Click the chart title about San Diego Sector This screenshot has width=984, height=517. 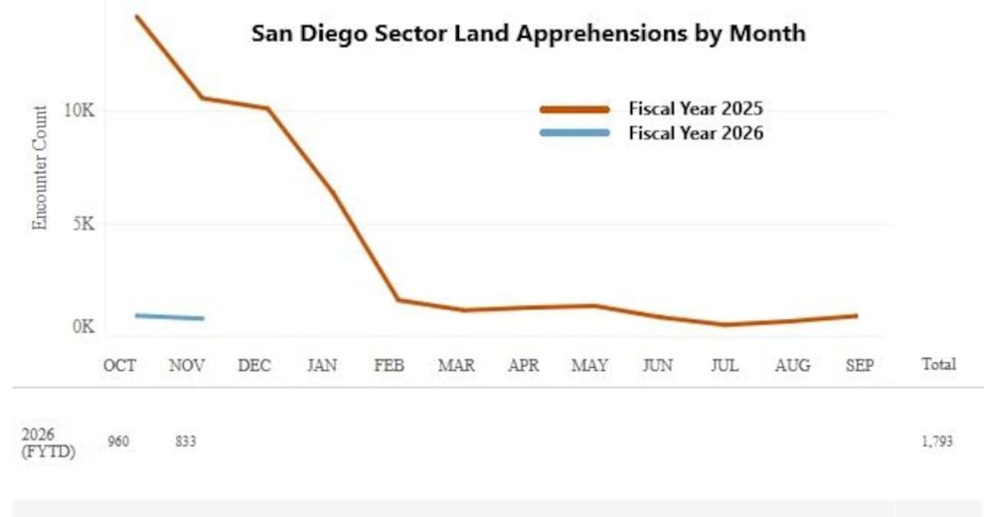528,33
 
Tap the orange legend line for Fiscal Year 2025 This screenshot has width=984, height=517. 574,109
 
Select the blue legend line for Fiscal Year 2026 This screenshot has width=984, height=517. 574,133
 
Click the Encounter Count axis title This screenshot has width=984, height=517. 41,168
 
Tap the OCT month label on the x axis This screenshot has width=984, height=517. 119,366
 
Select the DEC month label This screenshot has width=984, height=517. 254,366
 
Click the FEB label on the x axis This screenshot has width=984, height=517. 389,366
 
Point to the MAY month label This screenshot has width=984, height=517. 589,366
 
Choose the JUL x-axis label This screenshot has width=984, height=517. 725,366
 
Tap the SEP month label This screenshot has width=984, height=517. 859,366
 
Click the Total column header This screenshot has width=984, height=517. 938,365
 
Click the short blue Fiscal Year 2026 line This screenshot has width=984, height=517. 169,317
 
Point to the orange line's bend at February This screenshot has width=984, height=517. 397,299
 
